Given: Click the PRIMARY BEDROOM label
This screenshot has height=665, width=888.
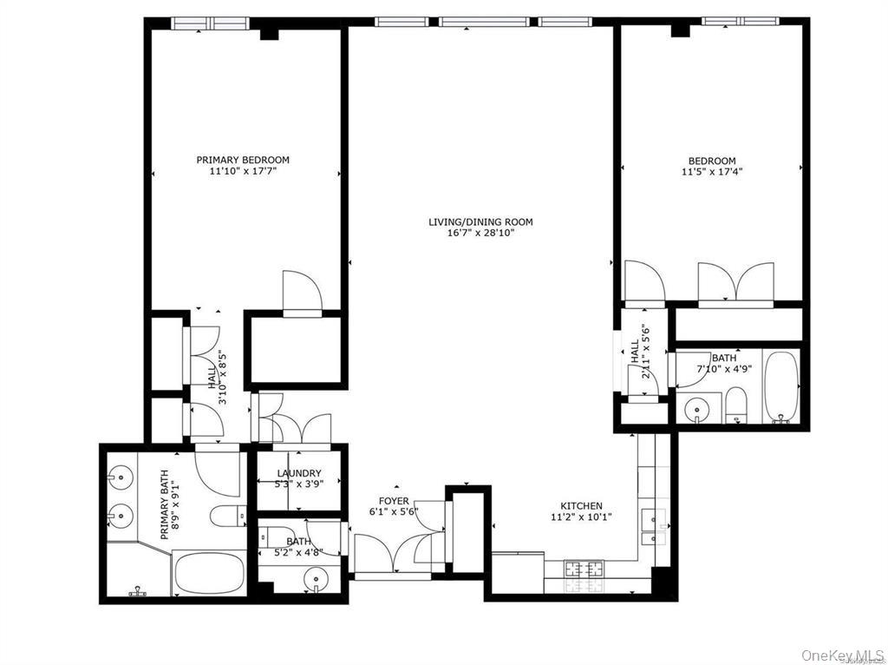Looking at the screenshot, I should pos(243,160).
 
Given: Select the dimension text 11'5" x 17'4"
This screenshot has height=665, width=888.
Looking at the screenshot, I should pos(712,172).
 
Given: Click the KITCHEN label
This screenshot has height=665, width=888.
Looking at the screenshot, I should pos(581,506).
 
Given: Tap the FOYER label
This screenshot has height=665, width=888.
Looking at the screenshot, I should pos(393,502).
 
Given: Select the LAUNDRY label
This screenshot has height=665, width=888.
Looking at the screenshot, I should pos(298,473).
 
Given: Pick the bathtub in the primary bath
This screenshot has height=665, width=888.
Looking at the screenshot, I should pos(209,573).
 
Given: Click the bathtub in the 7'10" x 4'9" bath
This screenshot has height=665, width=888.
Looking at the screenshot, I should pos(782,386).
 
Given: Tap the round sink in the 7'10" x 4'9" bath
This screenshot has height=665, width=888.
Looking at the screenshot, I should pos(698,408).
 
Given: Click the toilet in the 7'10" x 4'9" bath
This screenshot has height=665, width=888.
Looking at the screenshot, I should pos(736,405).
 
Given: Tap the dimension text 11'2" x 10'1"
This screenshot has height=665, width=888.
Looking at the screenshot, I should pos(581,517).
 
